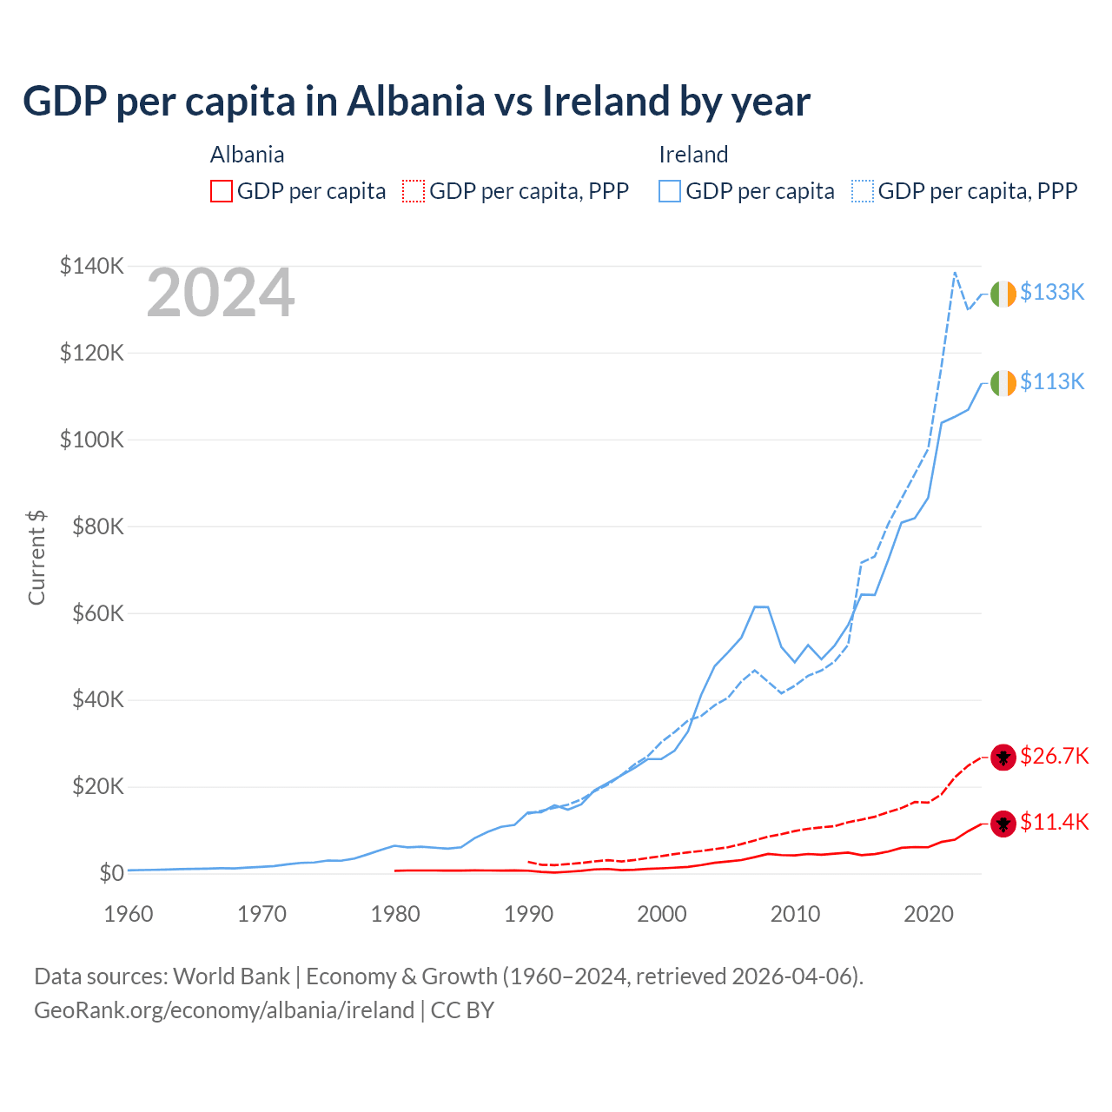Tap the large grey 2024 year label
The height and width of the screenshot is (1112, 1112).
(221, 294)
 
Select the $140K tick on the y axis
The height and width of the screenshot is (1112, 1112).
(91, 266)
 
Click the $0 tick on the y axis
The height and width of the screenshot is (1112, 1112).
(111, 873)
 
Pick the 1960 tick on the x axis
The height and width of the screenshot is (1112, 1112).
(129, 914)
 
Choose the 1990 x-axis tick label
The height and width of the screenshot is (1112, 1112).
(528, 914)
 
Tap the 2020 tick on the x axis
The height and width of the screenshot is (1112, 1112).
(929, 914)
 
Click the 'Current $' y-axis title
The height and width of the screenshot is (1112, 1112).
(36, 558)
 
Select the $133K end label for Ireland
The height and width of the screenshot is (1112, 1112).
(1052, 293)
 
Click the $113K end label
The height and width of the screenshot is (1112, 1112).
(1052, 381)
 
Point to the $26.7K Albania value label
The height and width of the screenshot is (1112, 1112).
(1054, 756)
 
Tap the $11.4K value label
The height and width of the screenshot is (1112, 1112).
(1054, 822)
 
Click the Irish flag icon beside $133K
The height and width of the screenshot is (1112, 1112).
(1003, 294)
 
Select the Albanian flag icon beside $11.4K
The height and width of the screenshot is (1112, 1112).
(1003, 823)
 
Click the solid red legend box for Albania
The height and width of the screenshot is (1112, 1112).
(222, 191)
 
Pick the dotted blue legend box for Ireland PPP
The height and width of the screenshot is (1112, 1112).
(863, 191)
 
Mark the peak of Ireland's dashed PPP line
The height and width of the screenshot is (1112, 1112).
(955, 273)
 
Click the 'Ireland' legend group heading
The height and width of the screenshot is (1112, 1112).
(693, 155)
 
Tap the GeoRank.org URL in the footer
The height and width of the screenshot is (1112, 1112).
(224, 1010)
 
